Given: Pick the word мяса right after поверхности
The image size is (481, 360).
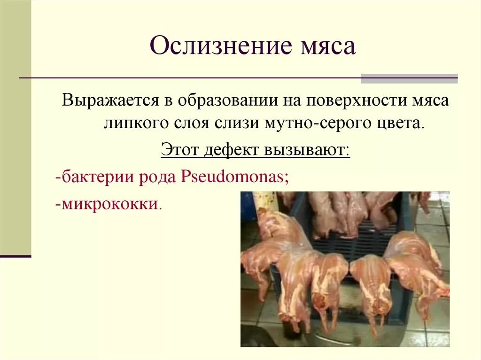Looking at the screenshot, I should click(x=430, y=101).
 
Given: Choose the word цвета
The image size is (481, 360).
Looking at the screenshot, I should click(x=403, y=124).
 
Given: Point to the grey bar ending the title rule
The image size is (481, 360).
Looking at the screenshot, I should click(x=409, y=78).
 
